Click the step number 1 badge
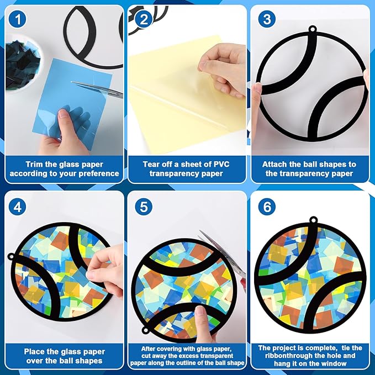point(17,19)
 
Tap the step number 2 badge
point(143,19)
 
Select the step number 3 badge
point(267,19)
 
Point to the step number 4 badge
point(17,207)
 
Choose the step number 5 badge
point(143,207)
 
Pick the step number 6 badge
point(267,207)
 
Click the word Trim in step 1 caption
point(34,165)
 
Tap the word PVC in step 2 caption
point(221,164)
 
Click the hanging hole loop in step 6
point(313,220)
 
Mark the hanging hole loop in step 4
point(11,257)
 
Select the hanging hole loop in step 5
point(146,330)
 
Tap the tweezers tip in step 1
point(72,82)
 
